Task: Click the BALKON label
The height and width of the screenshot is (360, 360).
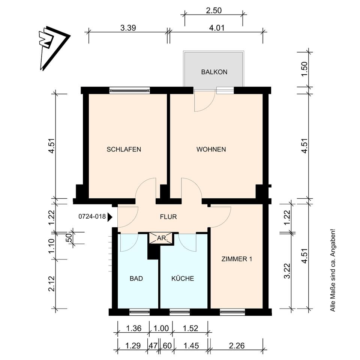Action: click(x=214, y=72)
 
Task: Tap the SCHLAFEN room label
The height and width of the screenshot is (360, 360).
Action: click(x=124, y=150)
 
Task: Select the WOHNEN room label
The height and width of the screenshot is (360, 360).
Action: click(x=211, y=150)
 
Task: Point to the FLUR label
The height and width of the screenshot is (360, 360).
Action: click(x=168, y=217)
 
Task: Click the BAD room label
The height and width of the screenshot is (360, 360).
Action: click(x=136, y=279)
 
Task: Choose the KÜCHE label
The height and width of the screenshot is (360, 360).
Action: click(x=183, y=279)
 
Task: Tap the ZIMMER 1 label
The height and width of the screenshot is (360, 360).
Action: click(x=237, y=259)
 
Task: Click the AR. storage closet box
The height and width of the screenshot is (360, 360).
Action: click(x=162, y=238)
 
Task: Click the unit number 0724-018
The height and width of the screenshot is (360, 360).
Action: click(x=92, y=216)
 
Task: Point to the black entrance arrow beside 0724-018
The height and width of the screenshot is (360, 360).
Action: click(x=110, y=217)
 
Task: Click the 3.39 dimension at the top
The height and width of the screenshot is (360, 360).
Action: click(x=128, y=28)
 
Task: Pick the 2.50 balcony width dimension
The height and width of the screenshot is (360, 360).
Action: click(x=214, y=10)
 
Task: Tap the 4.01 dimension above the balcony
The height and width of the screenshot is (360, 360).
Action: click(x=216, y=28)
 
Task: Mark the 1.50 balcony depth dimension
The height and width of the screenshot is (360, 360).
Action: click(x=304, y=69)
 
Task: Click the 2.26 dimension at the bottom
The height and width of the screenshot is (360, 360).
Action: click(x=237, y=345)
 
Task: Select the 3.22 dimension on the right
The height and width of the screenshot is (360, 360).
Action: click(x=287, y=271)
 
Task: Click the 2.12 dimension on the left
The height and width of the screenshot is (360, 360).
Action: click(x=51, y=283)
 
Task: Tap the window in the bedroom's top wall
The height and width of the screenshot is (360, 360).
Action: click(x=130, y=90)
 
